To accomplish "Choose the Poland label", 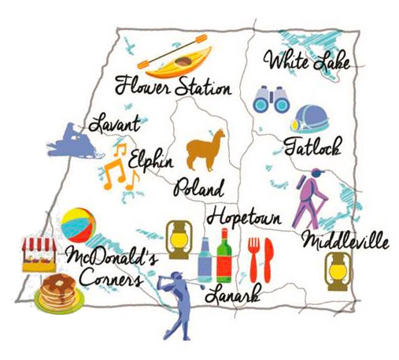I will [x=200, y=189].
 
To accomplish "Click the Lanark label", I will [x=236, y=296].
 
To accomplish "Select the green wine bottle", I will [x=224, y=255].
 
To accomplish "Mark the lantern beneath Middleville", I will [x=337, y=271].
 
